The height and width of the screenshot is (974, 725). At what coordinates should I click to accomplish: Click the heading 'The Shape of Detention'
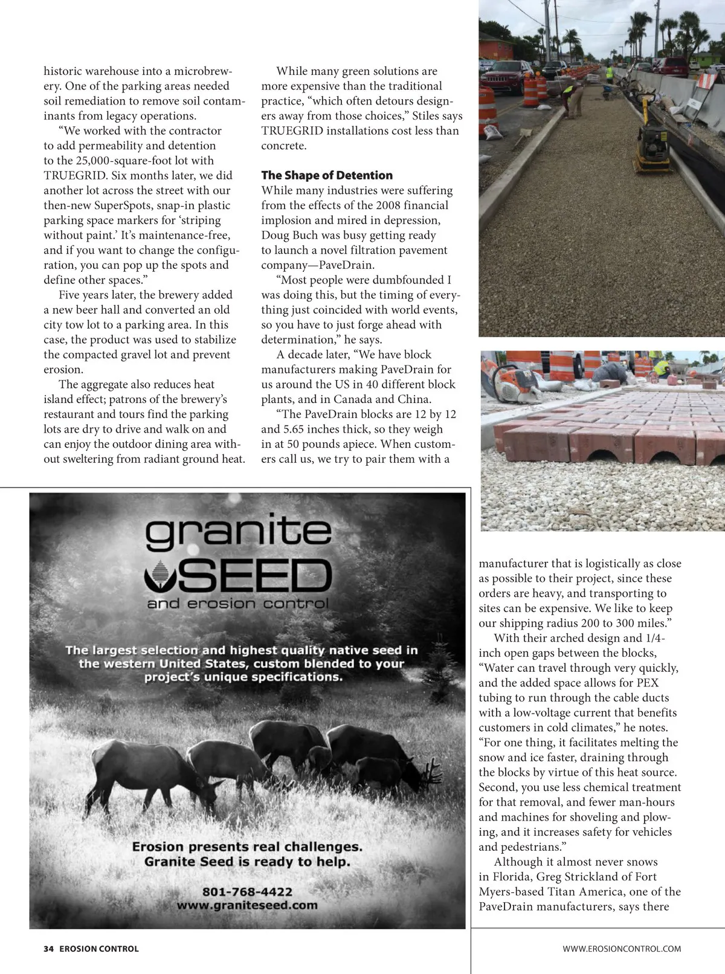[x=327, y=175]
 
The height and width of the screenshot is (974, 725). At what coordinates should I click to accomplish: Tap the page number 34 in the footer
[x=48, y=949]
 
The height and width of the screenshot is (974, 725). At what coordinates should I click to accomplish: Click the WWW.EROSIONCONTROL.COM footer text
[x=622, y=949]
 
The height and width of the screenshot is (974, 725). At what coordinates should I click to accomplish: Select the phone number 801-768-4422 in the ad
[x=247, y=891]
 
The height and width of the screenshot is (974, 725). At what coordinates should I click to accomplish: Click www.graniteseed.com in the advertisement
[x=247, y=905]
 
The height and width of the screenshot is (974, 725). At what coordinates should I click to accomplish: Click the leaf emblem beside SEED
[x=160, y=575]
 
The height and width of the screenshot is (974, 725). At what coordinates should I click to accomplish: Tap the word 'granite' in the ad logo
[x=238, y=532]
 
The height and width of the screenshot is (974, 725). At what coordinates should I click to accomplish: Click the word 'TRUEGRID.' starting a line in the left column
[x=76, y=175]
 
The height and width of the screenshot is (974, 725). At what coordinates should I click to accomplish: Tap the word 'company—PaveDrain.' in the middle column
[x=318, y=265]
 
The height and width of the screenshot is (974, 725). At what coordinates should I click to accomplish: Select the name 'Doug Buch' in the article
[x=288, y=235]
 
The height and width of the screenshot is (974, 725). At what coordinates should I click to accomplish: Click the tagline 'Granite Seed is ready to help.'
[x=247, y=862]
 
